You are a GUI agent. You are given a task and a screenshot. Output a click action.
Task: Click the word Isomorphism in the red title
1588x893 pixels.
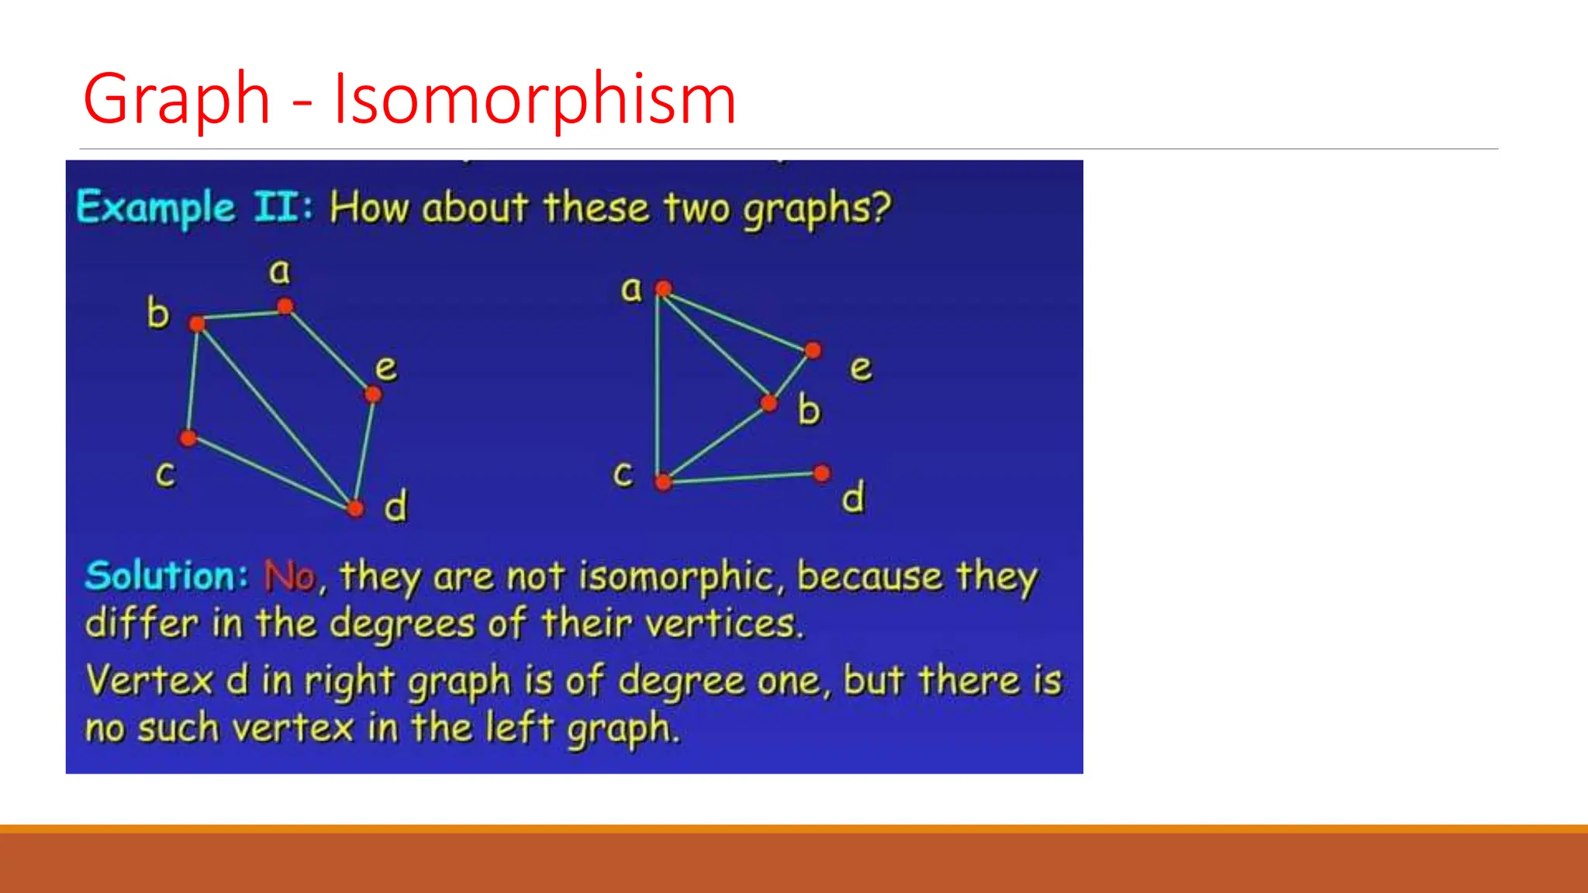[x=534, y=99]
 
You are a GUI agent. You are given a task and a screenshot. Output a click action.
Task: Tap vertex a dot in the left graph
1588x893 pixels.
[x=285, y=306]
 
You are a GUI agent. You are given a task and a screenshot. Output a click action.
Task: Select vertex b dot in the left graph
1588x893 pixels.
[x=198, y=323]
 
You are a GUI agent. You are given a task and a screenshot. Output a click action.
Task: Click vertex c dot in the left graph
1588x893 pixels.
[x=188, y=438]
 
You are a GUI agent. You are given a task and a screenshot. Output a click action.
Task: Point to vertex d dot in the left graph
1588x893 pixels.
[x=355, y=509]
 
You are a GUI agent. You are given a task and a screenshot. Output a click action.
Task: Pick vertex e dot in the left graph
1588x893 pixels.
[x=373, y=395]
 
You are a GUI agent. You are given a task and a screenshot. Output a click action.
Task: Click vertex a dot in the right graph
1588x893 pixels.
[x=663, y=289]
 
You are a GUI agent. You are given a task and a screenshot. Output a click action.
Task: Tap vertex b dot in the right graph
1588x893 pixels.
[x=768, y=403]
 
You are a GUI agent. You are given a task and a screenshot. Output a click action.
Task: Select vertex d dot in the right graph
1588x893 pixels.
[x=822, y=473]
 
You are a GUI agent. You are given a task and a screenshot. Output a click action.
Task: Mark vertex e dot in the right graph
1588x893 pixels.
[x=813, y=350]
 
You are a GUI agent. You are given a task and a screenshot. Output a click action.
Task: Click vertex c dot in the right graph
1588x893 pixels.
[x=663, y=482]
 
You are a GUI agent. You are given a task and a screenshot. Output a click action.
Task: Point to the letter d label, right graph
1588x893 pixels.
[x=853, y=498]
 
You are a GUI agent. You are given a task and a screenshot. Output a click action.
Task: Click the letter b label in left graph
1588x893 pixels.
[x=158, y=313]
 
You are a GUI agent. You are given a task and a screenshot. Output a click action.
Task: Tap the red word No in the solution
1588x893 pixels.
[x=290, y=576]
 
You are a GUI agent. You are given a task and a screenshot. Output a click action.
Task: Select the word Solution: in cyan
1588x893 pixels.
[x=166, y=576]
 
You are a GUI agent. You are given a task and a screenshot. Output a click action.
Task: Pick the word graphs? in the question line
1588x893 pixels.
[x=817, y=209]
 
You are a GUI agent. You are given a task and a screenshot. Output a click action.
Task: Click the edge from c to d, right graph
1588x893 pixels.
[x=743, y=478]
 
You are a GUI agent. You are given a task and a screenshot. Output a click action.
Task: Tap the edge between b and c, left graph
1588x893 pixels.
[x=193, y=381]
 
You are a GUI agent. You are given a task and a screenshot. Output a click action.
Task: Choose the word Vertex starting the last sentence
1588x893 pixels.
[x=149, y=681]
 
